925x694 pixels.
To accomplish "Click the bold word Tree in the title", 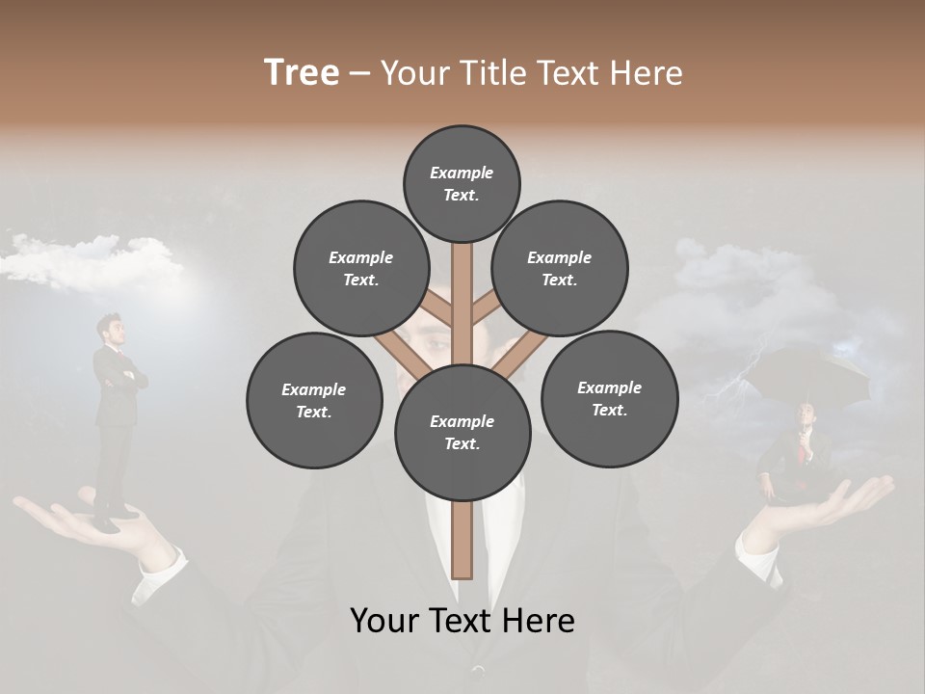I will pos(302,72).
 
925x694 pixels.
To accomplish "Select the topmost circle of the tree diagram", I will pos(462,183).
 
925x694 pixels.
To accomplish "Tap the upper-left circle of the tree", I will pos(360,269).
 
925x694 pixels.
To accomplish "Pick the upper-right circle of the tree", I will pos(559,269).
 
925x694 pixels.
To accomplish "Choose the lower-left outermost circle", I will pos(314,401).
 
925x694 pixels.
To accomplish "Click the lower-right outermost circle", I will pos(609,399).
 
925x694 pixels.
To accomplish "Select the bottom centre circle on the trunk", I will pos(462,433).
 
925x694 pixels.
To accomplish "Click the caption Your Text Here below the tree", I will pos(462,620).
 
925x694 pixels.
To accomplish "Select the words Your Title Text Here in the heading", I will pos(531,72).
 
